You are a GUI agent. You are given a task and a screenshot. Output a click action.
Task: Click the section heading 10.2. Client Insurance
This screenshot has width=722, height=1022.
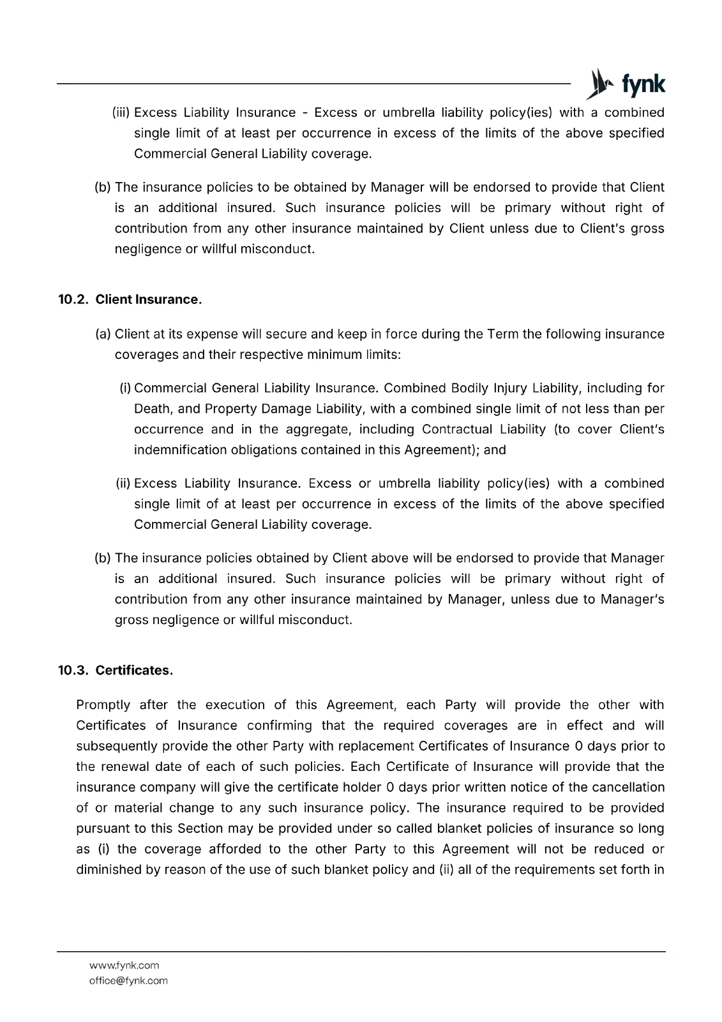click(x=130, y=300)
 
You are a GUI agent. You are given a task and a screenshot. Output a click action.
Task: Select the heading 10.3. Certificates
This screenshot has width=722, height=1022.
click(x=116, y=671)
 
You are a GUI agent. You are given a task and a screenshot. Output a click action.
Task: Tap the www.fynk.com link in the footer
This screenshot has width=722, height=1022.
click(x=124, y=965)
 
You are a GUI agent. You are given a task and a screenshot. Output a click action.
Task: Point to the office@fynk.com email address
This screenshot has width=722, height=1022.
click(x=128, y=980)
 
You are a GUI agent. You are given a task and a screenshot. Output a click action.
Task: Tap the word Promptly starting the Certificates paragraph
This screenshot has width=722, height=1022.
click(x=103, y=705)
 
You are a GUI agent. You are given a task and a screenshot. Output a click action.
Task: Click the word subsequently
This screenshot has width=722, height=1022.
click(x=117, y=746)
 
